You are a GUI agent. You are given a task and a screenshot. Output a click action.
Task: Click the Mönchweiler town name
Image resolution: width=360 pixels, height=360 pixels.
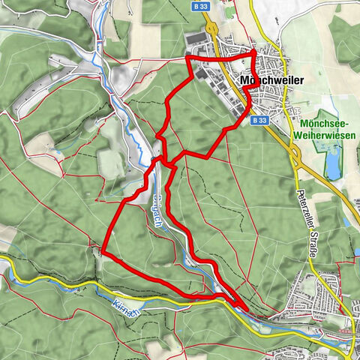pyautogui.click(x=271, y=79)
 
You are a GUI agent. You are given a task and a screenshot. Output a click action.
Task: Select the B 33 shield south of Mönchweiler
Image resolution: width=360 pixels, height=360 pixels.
pyautogui.click(x=259, y=120)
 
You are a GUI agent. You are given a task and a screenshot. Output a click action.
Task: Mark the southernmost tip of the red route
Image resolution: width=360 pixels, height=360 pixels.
pyautogui.click(x=247, y=307)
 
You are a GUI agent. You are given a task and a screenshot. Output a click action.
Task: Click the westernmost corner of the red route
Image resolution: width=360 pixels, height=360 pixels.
pyautogui.click(x=101, y=253)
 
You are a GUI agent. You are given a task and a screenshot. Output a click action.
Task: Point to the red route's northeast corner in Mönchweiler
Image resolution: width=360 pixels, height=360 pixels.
pyautogui.click(x=254, y=51)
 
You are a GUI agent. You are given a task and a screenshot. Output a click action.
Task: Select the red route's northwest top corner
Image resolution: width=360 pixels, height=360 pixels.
pyautogui.click(x=187, y=57)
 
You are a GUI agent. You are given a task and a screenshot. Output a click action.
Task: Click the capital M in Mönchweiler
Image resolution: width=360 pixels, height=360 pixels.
pyautogui.click(x=247, y=79)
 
